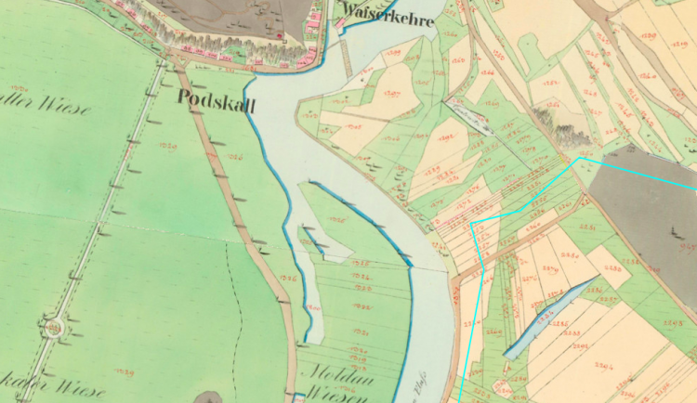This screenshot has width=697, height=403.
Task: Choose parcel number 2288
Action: (612, 268)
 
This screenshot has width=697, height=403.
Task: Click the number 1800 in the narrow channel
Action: (313, 307)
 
